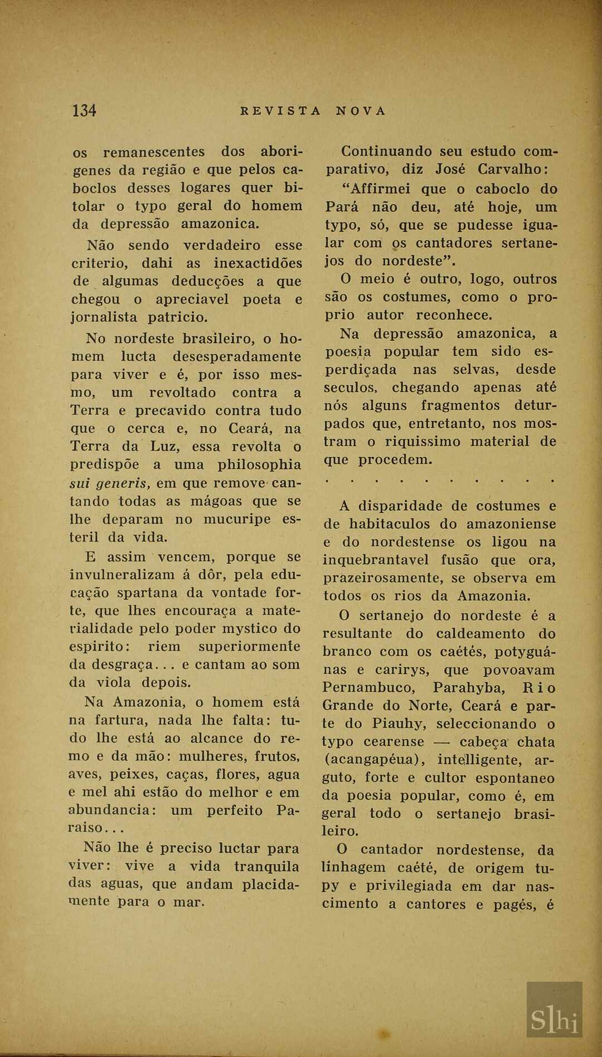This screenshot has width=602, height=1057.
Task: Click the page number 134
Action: pyautogui.click(x=84, y=110)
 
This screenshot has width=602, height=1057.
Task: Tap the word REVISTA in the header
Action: pyautogui.click(x=280, y=111)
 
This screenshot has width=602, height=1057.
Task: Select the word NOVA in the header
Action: pyautogui.click(x=361, y=111)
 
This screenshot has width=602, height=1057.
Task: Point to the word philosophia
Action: pyautogui.click(x=259, y=465)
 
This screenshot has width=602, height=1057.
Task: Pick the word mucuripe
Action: pyautogui.click(x=237, y=519)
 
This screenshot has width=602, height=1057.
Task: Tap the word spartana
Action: pyautogui.click(x=149, y=592)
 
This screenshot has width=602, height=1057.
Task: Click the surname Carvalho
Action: pyautogui.click(x=513, y=170)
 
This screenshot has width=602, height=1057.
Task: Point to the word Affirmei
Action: pyautogui.click(x=377, y=189)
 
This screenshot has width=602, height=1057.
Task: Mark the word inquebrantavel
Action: pyautogui.click(x=376, y=560)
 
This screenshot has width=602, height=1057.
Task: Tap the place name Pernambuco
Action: pyautogui.click(x=368, y=688)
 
